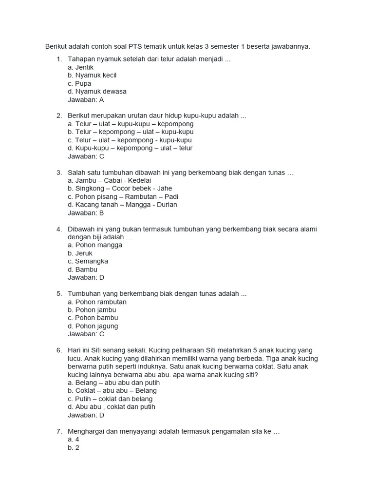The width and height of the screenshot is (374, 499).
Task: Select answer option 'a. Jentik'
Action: [81, 67]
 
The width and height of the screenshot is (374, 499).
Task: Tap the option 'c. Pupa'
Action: [79, 83]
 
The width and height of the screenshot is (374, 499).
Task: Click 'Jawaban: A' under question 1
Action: [86, 100]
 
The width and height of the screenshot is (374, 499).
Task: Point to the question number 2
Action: [59, 116]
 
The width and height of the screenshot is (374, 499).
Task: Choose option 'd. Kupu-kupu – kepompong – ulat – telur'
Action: [130, 148]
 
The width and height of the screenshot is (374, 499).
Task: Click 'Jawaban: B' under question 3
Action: [86, 213]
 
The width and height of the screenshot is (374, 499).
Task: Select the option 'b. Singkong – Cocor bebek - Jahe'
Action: [120, 189]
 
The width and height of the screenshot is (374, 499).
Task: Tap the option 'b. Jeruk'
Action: [80, 253]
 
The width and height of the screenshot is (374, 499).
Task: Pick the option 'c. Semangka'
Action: [88, 261]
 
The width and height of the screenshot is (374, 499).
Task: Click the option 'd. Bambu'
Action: [83, 269]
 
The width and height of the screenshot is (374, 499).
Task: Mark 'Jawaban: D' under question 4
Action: [86, 278]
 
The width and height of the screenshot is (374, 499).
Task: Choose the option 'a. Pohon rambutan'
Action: [97, 302]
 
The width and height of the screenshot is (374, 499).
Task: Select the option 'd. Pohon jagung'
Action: [93, 326]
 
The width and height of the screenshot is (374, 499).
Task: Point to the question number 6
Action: [59, 350]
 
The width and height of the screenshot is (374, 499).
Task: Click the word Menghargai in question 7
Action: [86, 432]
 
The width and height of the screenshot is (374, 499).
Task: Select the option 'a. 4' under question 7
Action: [74, 440]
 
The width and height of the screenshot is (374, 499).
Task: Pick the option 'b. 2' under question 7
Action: [74, 448]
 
